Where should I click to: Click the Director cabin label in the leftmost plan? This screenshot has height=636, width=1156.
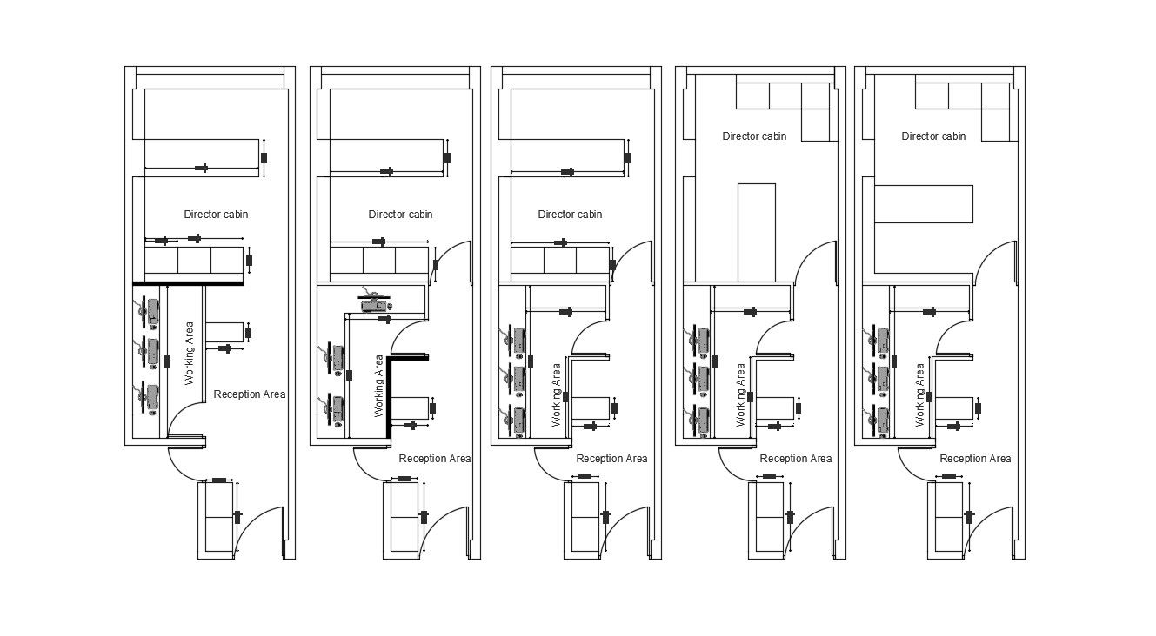tap(217, 215)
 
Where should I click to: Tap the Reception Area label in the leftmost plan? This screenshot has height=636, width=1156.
tap(250, 394)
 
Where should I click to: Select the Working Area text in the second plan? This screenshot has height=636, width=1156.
tap(379, 386)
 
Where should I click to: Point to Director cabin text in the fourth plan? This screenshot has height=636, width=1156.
tap(754, 136)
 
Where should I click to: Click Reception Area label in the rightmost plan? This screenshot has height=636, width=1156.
tap(975, 459)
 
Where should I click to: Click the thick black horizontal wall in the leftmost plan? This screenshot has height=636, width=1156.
tap(188, 283)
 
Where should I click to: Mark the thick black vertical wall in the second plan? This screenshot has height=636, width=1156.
tap(389, 401)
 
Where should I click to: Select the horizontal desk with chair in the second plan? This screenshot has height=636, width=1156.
tap(375, 303)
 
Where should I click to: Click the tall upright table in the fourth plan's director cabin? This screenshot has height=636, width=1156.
tap(756, 232)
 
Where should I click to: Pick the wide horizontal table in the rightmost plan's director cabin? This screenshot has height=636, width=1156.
tap(923, 204)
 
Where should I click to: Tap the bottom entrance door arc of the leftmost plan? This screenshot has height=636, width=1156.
tap(264, 527)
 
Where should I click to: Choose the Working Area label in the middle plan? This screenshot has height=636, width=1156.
tap(557, 394)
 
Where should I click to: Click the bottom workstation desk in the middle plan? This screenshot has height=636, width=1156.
tap(520, 419)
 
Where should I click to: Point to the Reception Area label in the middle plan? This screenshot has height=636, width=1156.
tap(611, 459)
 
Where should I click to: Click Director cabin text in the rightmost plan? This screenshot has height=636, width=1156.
tap(933, 136)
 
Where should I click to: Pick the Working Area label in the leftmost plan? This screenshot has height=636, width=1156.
tap(190, 354)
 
